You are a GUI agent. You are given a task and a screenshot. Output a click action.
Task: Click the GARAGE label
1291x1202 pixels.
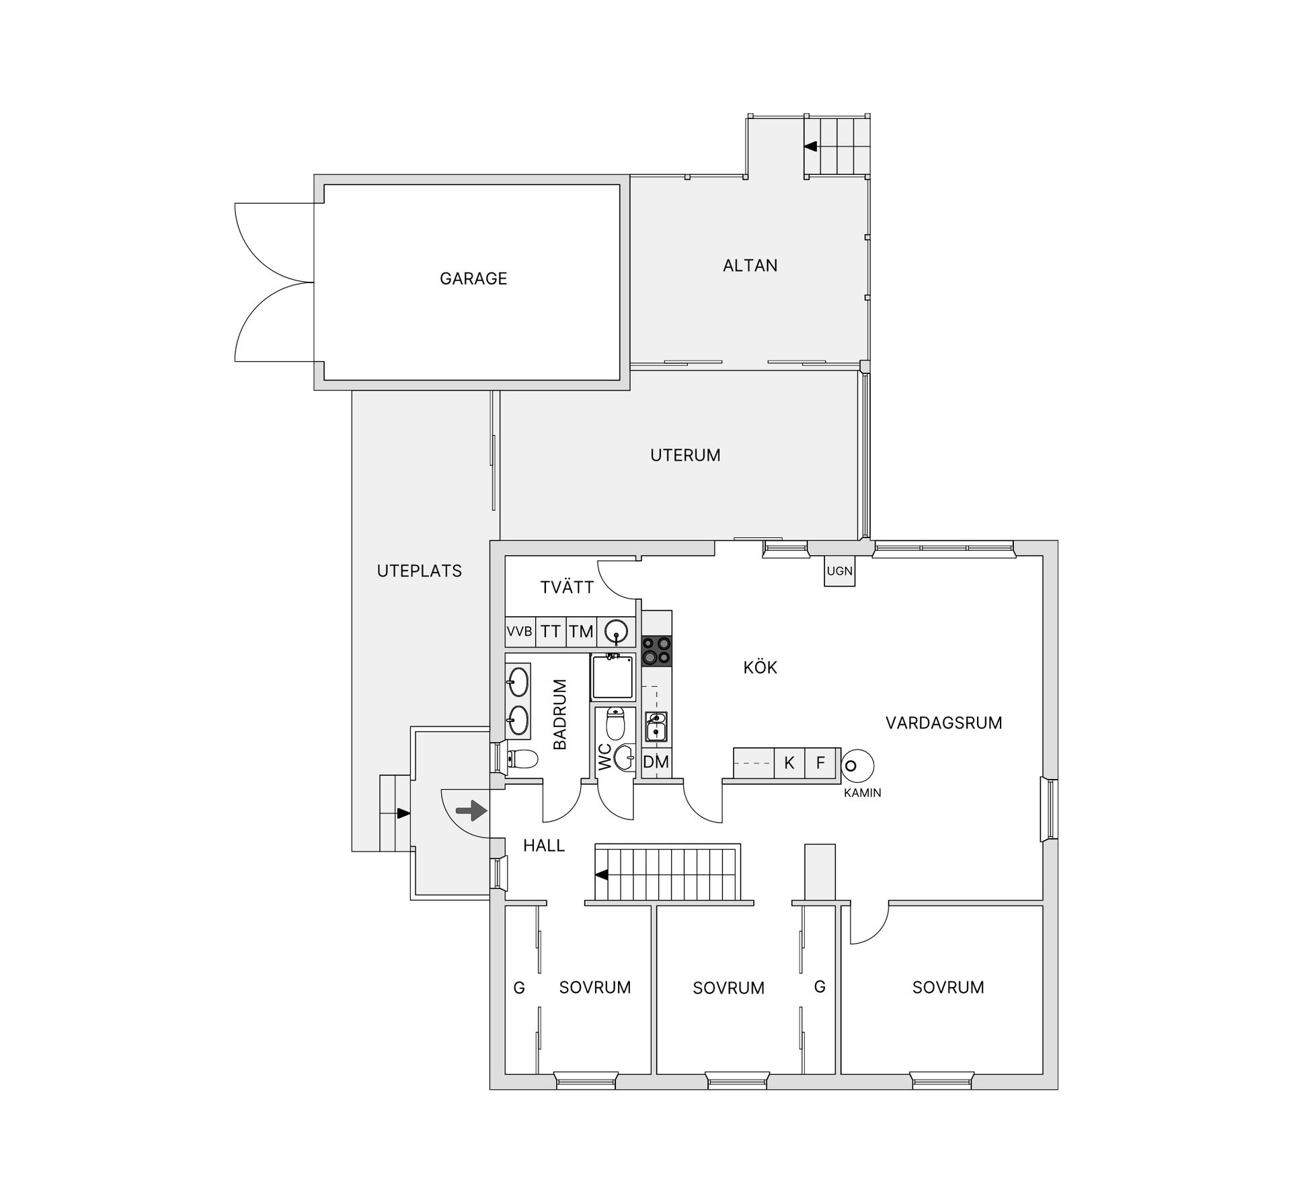pos(473,278)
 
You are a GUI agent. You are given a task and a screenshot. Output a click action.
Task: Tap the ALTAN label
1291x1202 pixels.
pos(750,266)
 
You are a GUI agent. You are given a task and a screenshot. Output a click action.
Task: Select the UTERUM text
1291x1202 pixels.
pos(685,455)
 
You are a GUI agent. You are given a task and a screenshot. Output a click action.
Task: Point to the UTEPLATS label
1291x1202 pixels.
pos(420,571)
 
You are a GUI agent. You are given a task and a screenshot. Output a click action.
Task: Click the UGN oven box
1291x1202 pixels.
pos(840,571)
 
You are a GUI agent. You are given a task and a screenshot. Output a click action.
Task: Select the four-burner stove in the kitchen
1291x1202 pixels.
pos(656,650)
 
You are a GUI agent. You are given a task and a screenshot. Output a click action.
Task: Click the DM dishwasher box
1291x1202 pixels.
pos(656,762)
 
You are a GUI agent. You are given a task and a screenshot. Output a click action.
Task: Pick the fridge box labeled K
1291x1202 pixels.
pos(789,763)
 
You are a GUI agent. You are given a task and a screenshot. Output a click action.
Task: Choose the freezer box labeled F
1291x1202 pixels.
pos(820,763)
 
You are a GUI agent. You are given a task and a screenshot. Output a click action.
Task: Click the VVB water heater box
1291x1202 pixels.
pos(520,632)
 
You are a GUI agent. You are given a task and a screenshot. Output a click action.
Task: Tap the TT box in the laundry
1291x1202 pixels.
pos(551,632)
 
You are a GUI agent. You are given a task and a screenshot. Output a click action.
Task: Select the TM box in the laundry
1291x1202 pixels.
pos(582,632)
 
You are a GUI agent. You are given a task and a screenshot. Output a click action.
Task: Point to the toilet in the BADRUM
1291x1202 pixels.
pos(522,759)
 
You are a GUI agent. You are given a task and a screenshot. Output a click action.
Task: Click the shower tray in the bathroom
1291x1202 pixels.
pos(612,677)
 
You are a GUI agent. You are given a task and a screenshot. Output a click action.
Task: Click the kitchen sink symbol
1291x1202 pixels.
pos(656,727)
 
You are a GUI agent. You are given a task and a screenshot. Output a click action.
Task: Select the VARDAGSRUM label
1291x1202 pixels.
pos(944,723)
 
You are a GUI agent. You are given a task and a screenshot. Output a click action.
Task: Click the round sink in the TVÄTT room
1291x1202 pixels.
pos(616,632)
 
